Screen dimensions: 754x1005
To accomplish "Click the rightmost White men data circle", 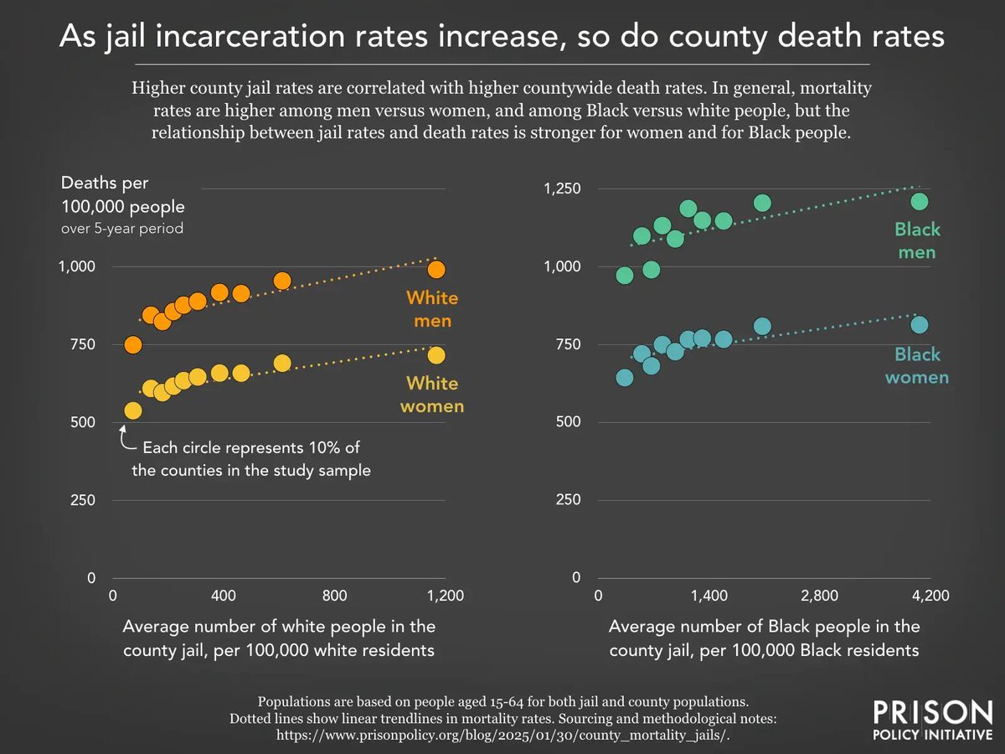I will [436, 270].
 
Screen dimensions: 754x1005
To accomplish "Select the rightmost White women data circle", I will [436, 355].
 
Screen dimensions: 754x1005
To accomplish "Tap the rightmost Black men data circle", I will [919, 202].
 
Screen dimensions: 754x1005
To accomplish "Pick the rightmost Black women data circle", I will [919, 325].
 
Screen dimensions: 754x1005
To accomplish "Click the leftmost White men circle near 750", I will [132, 345].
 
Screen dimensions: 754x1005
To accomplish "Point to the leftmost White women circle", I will [132, 411].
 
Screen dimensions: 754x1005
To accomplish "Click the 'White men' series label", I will [432, 309].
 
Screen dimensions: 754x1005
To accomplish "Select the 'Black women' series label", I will [917, 366].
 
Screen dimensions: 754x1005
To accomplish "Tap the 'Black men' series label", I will [917, 240].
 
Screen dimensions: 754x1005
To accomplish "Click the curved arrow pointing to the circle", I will [127, 439].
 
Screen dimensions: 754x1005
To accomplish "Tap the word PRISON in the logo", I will [932, 714].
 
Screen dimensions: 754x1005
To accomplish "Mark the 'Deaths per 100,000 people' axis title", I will [122, 194].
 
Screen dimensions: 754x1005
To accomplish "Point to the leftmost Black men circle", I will [624, 276].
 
